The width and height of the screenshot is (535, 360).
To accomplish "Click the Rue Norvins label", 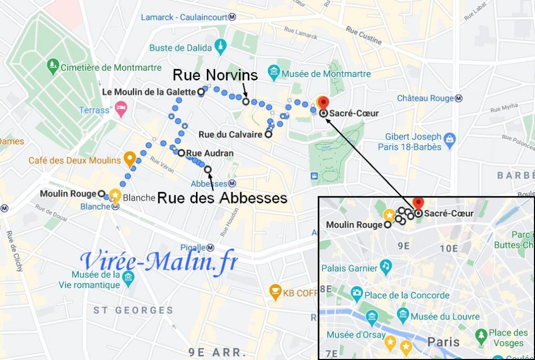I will coord(215,75).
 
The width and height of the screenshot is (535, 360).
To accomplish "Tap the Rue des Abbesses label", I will coord(222,199).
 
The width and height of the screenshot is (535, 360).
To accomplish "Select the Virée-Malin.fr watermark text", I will coord(159,261).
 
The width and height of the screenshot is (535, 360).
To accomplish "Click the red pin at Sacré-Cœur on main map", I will coord(323,102).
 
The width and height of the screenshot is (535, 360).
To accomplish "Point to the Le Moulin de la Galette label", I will coord(148,92).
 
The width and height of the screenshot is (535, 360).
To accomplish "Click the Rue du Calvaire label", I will coord(230,135).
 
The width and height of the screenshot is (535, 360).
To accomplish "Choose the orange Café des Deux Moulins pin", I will coord(130,157).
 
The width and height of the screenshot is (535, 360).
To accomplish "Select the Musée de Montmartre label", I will coord(326,74).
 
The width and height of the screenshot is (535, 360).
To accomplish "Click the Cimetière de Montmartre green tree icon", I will coord(53,66).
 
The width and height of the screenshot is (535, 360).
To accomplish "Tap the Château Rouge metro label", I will coord(426,98).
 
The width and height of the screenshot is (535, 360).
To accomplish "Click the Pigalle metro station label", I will coord(195,247).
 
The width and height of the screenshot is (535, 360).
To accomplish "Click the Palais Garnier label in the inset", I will coord(350,269).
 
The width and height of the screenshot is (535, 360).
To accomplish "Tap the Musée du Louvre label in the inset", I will coord(445,317).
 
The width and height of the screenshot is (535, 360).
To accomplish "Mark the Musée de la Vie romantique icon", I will coord(127,277).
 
